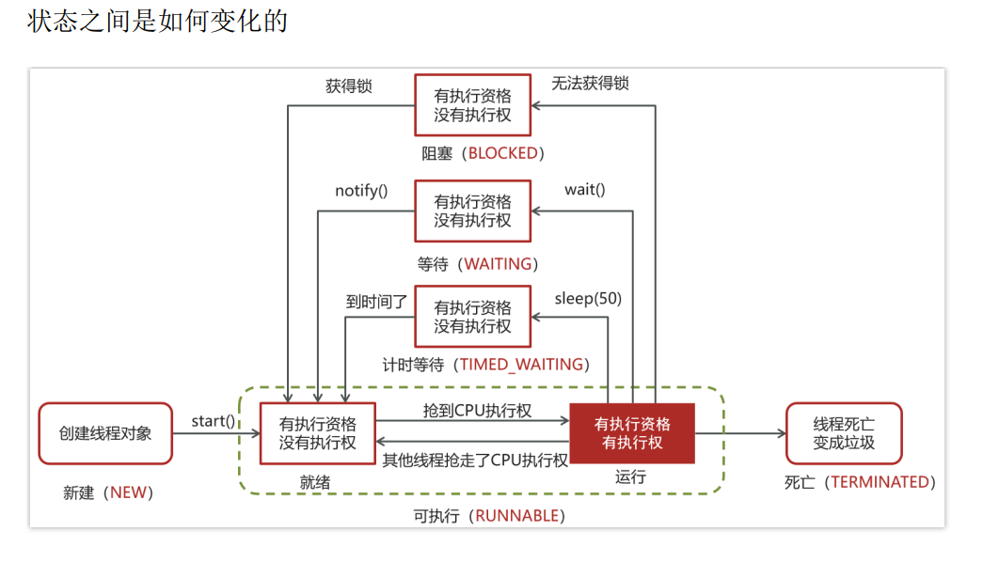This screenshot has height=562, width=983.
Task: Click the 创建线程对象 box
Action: (x=105, y=433)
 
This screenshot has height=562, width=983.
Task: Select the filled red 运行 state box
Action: (x=632, y=433)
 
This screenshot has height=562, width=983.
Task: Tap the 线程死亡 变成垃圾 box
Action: (x=844, y=433)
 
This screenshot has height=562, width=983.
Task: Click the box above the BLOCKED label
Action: (x=472, y=105)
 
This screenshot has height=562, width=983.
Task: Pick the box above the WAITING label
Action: (x=472, y=211)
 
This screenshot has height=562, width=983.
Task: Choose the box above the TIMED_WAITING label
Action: (x=472, y=317)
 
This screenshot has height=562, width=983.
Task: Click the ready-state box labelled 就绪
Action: (x=318, y=433)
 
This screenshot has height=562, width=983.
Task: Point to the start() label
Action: (x=214, y=420)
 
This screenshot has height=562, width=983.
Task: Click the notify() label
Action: (x=361, y=191)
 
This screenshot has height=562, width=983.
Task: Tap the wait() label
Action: (x=584, y=190)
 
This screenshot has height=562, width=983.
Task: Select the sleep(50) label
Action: (x=588, y=299)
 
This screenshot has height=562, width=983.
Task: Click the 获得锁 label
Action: (x=349, y=86)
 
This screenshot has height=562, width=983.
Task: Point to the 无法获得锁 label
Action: (x=591, y=84)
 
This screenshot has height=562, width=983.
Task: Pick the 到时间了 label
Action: (x=376, y=302)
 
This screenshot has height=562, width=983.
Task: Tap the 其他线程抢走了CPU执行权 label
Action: (x=475, y=460)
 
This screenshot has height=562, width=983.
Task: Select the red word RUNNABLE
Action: (x=516, y=516)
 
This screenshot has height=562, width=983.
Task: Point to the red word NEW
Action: (x=129, y=492)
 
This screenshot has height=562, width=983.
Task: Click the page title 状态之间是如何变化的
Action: (x=157, y=22)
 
